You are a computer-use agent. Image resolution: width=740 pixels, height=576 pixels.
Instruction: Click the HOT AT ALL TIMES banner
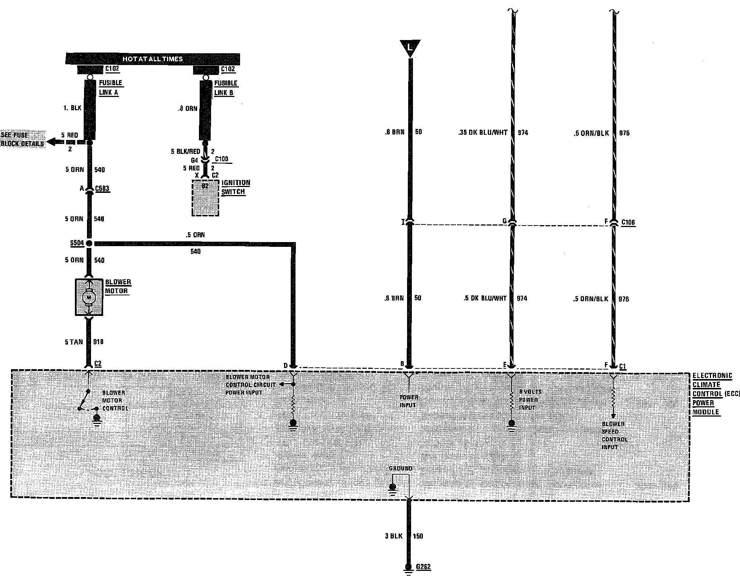coord(152,59)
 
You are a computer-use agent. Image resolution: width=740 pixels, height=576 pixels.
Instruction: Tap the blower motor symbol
coord(89,297)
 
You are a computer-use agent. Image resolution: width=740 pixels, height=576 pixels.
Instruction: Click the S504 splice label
coord(77,243)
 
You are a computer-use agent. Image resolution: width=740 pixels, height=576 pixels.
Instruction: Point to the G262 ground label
coord(423,567)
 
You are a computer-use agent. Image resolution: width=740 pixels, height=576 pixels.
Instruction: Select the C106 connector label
coord(628,222)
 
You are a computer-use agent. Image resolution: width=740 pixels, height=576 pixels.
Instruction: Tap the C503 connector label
coord(102,189)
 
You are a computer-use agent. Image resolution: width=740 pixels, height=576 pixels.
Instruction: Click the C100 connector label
coord(221,159)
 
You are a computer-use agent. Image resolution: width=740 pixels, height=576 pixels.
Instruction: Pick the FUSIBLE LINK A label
coord(110,87)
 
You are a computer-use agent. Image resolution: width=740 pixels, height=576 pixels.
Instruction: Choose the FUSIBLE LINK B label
coord(225,88)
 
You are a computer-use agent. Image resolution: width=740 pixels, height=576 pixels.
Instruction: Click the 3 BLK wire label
coord(394,536)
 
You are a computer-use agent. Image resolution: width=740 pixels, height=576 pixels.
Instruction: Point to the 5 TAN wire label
coord(74,342)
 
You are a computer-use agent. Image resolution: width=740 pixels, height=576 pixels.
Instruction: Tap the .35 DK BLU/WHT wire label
coord(483,133)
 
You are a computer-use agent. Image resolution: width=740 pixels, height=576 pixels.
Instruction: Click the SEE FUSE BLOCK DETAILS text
coord(23,140)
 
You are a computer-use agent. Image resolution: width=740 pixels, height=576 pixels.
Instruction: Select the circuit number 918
coord(98,342)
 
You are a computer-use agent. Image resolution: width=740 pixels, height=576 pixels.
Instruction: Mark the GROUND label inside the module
coord(400,468)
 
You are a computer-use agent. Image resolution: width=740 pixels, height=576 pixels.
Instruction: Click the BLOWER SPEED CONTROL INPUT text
coord(614,435)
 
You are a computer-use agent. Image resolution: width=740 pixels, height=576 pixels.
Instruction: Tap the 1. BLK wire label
coord(72,108)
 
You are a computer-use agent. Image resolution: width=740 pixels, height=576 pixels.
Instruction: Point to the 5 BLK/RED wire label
coord(185,151)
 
